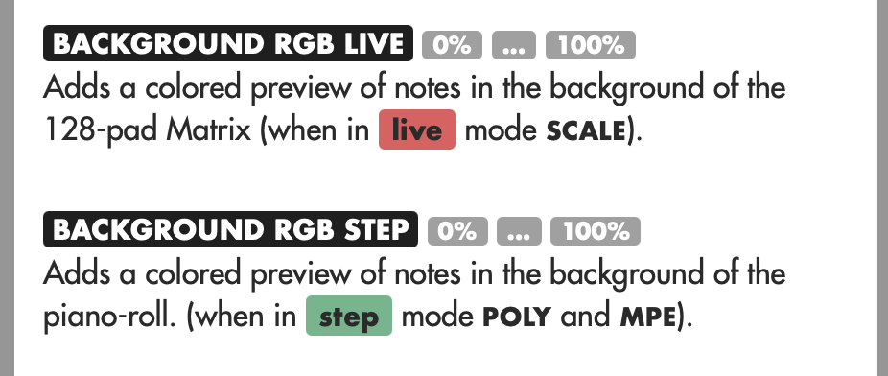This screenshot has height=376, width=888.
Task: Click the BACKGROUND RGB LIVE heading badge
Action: click(x=227, y=43)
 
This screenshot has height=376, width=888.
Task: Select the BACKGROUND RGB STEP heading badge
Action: click(x=230, y=229)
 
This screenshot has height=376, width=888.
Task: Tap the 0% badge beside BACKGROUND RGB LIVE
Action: click(x=452, y=45)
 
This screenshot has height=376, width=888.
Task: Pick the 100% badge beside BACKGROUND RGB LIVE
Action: click(x=591, y=45)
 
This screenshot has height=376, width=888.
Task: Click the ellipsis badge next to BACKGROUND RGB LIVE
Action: click(x=514, y=45)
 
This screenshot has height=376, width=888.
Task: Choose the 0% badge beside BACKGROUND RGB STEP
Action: click(x=457, y=231)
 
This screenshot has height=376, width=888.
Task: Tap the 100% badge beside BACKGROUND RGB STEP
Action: click(x=596, y=231)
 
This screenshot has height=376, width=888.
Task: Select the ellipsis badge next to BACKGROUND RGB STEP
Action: click(x=520, y=231)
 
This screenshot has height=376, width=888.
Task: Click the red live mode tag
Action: click(x=417, y=129)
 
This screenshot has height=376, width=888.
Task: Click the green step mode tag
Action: click(x=349, y=316)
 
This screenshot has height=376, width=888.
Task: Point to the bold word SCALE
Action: click(x=586, y=131)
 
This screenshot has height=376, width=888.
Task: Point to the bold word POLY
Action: click(x=517, y=317)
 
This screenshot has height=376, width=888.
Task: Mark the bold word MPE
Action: click(x=648, y=317)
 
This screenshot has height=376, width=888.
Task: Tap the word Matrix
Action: click(x=208, y=130)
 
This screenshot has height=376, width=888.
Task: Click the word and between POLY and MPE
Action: click(x=586, y=316)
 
